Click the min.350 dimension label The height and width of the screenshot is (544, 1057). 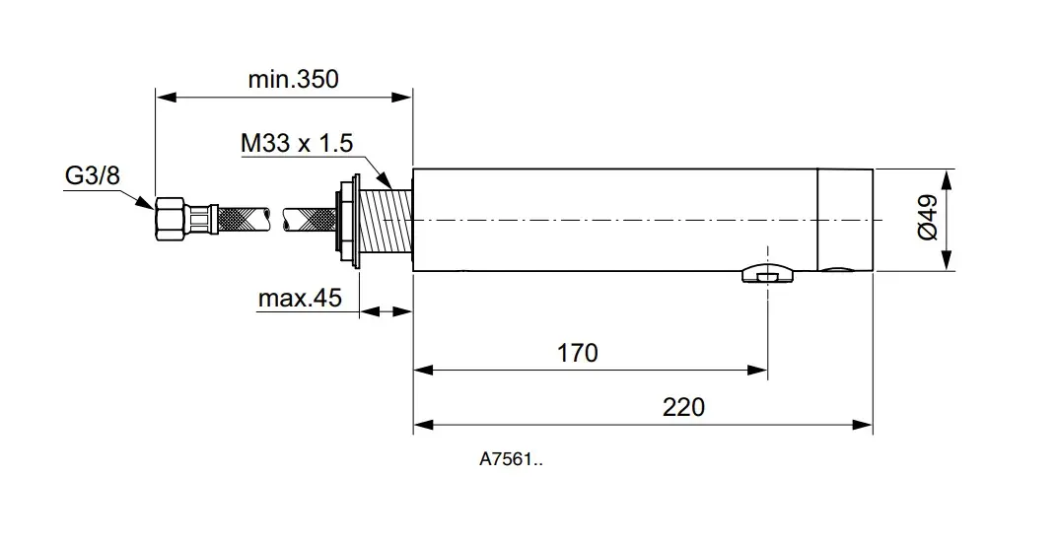point(293,80)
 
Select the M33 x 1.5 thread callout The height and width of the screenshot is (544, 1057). point(297,143)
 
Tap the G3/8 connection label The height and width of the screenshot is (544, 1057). point(93,175)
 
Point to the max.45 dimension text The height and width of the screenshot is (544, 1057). point(300,298)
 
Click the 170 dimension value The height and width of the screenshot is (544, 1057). point(577,352)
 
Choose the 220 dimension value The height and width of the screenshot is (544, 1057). point(683,406)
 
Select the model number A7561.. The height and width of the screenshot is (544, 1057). point(510,458)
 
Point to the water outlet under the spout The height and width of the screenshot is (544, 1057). point(766,275)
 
